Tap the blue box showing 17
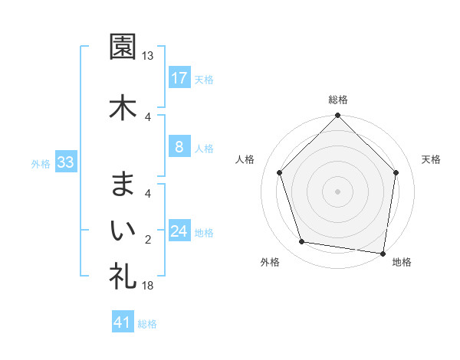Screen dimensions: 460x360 pos(179,78)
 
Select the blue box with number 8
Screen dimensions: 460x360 pos(179,147)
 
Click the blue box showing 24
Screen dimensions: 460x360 pos(179,231)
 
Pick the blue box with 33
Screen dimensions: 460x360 pos(64,162)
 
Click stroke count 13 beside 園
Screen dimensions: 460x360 pos(148,56)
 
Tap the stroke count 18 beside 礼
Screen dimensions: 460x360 pos(148,286)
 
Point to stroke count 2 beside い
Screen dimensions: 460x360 pos(148,240)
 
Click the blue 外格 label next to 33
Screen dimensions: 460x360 pos(41,163)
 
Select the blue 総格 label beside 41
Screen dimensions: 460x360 pos(147,323)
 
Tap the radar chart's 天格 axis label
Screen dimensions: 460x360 pos(431,159)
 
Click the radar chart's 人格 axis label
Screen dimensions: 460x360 pos(245,159)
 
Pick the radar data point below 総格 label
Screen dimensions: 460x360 pos(337,117)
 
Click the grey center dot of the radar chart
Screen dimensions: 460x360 pos(337,191)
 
